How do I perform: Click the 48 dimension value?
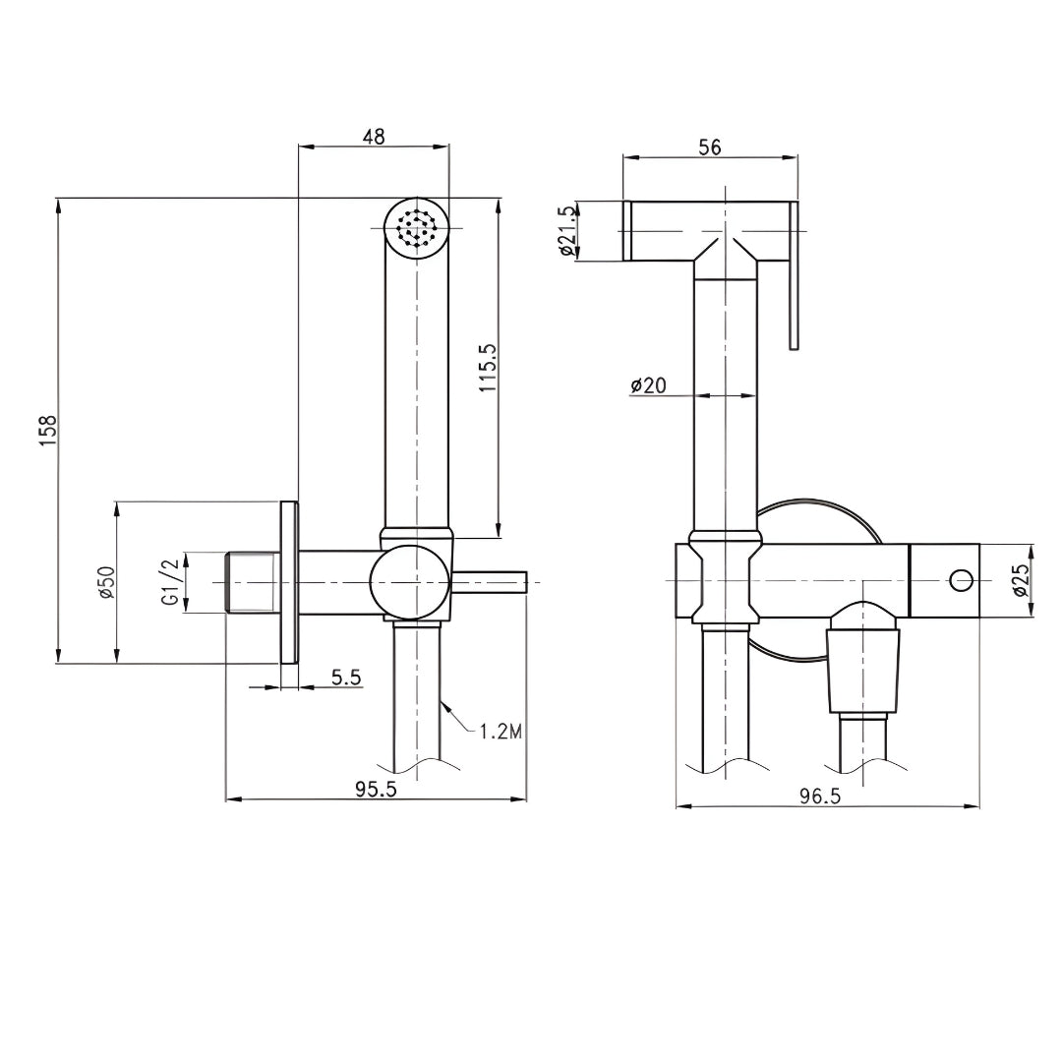(373, 137)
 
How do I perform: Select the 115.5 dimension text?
(488, 369)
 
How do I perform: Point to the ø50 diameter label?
(106, 582)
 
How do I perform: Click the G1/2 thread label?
(171, 582)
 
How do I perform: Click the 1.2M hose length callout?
(499, 731)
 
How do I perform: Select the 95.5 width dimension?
(377, 790)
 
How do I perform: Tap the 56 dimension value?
(709, 147)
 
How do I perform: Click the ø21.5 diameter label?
(565, 231)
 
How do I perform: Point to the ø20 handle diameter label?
(649, 385)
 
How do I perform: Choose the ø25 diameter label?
(1020, 580)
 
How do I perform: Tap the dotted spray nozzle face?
(416, 230)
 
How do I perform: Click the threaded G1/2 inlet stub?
(252, 583)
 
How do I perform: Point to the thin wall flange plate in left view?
(288, 583)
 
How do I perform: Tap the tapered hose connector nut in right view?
(863, 669)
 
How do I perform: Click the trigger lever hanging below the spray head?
(796, 295)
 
